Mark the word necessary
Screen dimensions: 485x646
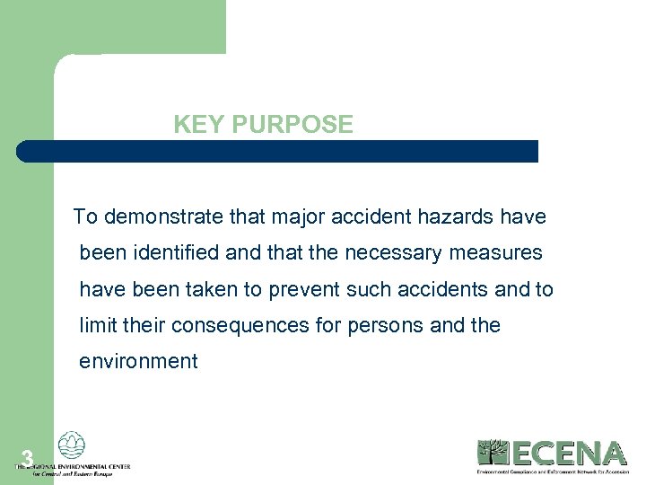pos(385,253)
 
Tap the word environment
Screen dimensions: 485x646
pos(138,361)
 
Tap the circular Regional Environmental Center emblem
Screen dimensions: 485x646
pos(72,445)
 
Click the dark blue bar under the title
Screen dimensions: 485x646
pos(277,151)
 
